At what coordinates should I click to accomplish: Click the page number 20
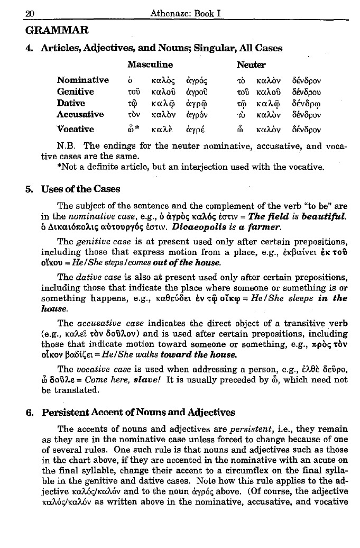[x=15, y=9]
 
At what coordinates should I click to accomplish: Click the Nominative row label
[x=83, y=80]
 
